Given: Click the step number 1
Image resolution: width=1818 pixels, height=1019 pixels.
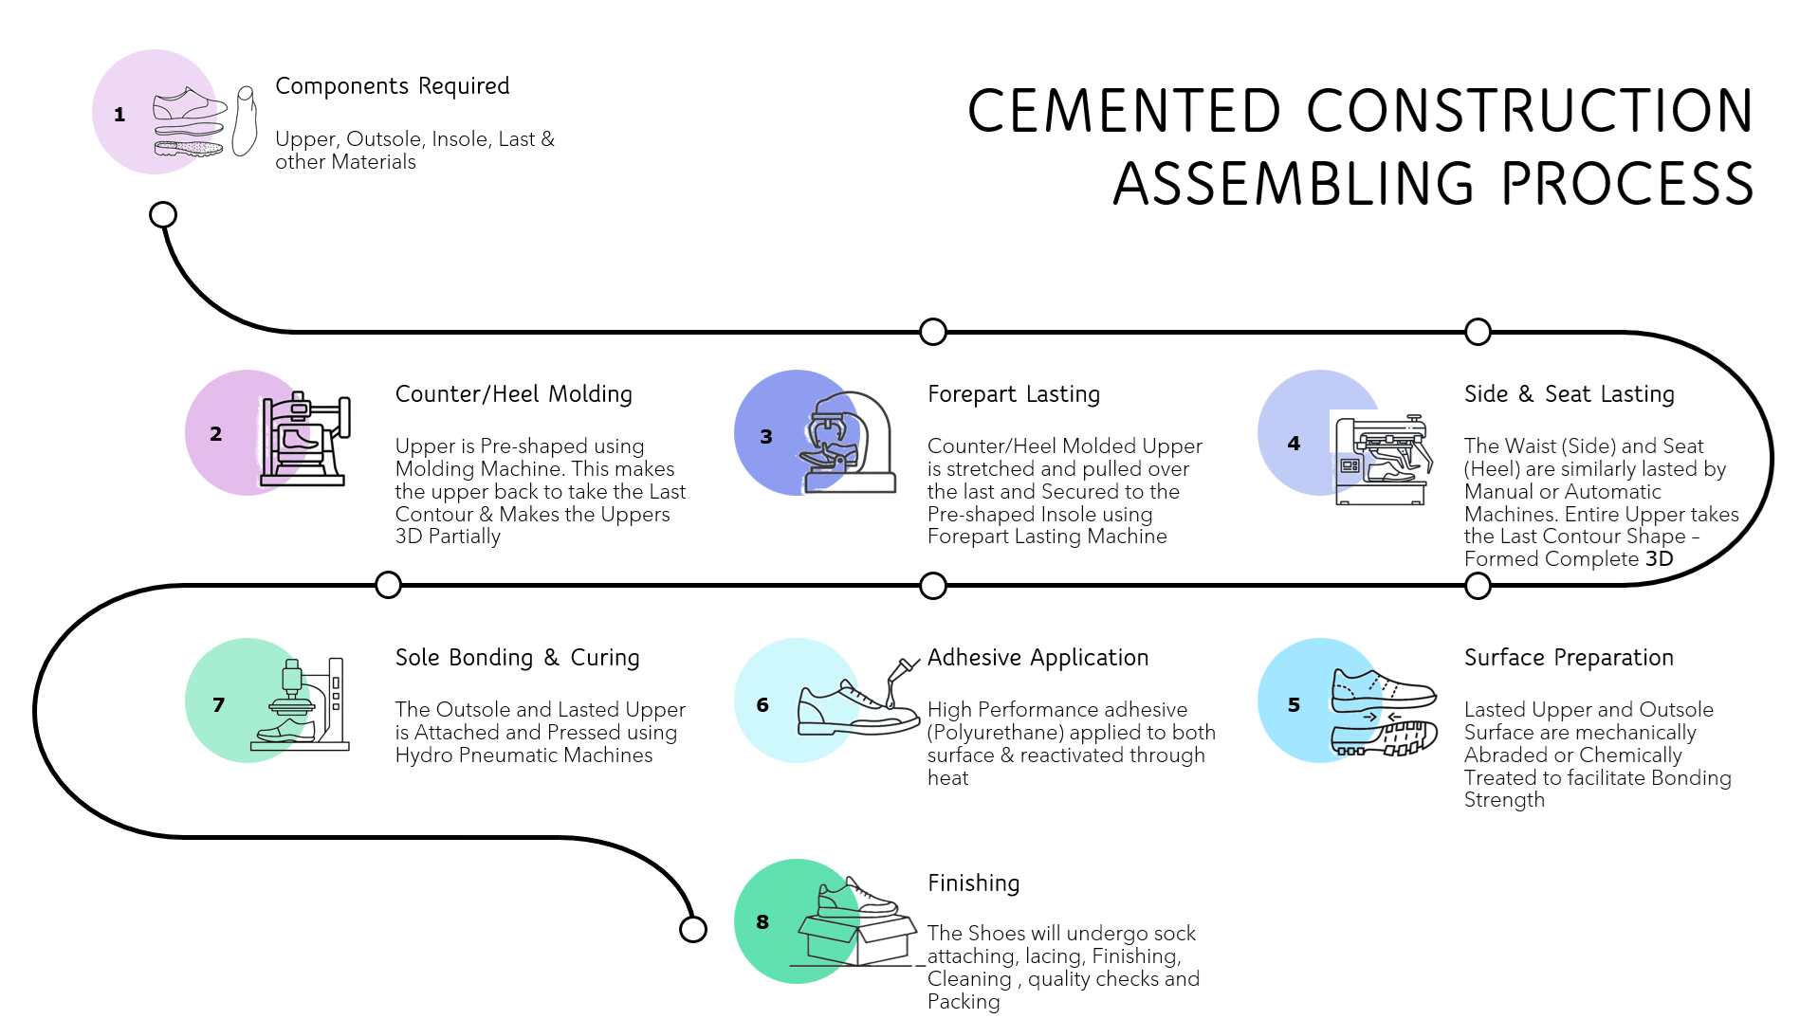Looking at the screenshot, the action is (x=119, y=115).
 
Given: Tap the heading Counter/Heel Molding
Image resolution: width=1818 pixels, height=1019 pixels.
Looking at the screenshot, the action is (x=513, y=394).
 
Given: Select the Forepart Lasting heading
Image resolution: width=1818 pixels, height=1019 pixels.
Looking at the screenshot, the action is (x=1014, y=394).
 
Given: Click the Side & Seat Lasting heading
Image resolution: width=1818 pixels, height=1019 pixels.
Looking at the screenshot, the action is (x=1570, y=394).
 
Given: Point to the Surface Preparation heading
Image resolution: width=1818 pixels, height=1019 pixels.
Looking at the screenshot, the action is (x=1569, y=658).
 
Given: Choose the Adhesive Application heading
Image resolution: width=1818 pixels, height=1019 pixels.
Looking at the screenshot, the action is (x=1038, y=658).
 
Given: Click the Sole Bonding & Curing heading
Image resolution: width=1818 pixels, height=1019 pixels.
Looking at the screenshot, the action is (x=517, y=658).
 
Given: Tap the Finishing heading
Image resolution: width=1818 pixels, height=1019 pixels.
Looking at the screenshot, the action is (x=973, y=883).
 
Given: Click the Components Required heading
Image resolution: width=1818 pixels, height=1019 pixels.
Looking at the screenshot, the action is (x=392, y=86).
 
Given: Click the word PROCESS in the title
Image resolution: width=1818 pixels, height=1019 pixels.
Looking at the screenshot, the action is (x=1627, y=184).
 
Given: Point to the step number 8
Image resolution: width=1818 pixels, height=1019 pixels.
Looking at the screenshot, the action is (x=762, y=922).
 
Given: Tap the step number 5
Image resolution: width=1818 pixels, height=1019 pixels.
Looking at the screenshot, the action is (x=1294, y=705).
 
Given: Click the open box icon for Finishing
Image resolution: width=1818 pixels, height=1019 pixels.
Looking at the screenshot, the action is (x=856, y=938).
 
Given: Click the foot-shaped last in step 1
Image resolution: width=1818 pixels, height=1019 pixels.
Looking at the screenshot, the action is (x=245, y=120).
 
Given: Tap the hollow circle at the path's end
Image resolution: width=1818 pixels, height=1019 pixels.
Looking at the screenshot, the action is (x=693, y=930).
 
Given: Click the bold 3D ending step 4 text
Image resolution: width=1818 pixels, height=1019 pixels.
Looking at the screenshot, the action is (x=1659, y=559).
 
